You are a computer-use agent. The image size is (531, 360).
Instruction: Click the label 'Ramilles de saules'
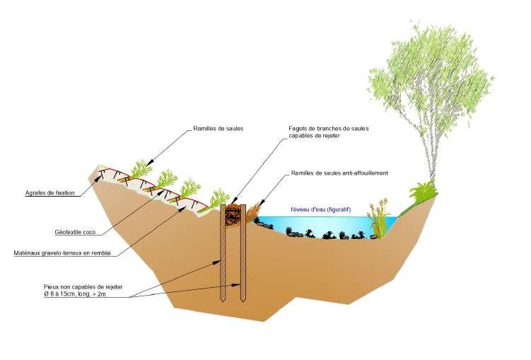pos(218,129)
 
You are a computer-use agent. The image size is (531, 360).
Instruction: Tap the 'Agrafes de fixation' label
pos(49,192)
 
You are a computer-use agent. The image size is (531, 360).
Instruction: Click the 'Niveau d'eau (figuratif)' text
pos(321,209)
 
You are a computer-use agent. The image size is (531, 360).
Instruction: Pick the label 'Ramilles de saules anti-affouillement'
pos(340,173)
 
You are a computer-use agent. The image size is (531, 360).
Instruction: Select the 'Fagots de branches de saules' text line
pos(329,128)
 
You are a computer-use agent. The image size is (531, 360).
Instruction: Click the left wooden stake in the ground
pos(223,255)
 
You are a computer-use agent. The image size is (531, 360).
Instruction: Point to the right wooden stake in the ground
pos(242,255)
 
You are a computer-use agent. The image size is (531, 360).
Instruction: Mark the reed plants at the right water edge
pos(380,218)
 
